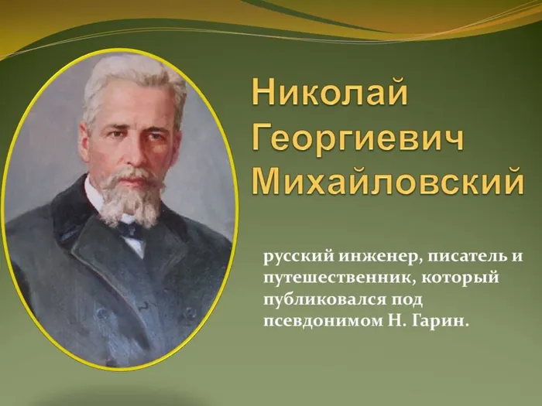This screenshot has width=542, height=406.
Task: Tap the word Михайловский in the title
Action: pyautogui.click(x=388, y=183)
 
